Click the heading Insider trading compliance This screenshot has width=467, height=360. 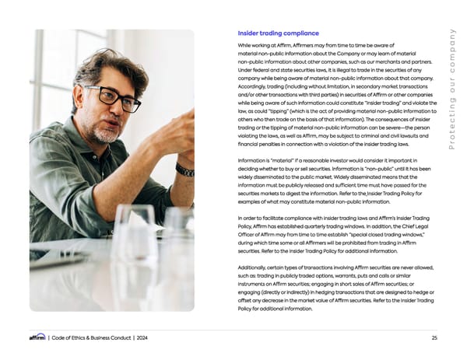pyautogui.click(x=278, y=33)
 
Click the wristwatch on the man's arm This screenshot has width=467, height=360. pyautogui.click(x=184, y=170)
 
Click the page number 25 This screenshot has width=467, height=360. pyautogui.click(x=434, y=337)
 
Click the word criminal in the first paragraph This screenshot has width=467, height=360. pyautogui.click(x=352, y=135)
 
